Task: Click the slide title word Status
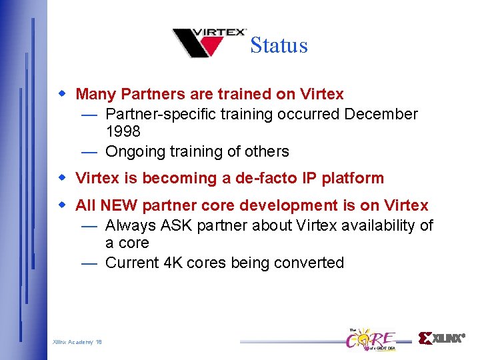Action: click(x=279, y=45)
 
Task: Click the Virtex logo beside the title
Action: click(x=209, y=43)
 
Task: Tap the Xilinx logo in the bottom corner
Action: click(x=441, y=338)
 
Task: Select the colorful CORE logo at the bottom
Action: click(x=371, y=339)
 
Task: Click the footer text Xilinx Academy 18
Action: click(x=77, y=342)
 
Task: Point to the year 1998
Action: click(x=123, y=132)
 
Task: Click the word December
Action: click(x=381, y=114)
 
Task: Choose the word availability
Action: click(x=378, y=226)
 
